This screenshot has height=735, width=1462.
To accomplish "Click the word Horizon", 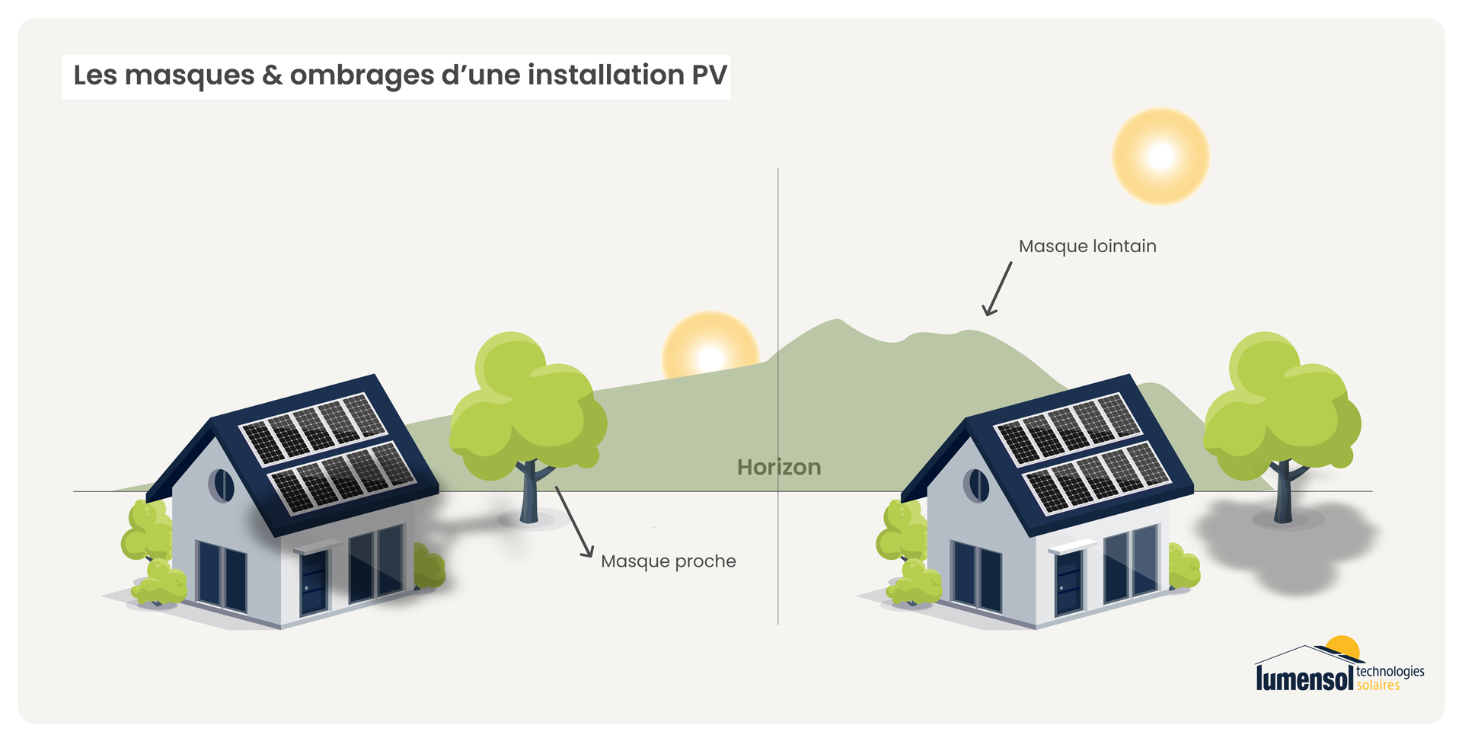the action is [779, 467].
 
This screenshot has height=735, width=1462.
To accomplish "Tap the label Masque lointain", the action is [1087, 247].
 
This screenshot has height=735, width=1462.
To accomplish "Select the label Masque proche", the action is [669, 561].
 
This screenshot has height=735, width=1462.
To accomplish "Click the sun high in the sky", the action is [1160, 156].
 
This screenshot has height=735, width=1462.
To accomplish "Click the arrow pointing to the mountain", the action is [997, 289].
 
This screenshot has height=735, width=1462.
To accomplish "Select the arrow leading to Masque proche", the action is [574, 522].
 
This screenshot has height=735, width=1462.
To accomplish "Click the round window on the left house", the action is [222, 485].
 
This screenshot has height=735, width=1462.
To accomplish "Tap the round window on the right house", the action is [976, 485].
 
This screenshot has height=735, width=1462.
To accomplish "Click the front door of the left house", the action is [314, 583].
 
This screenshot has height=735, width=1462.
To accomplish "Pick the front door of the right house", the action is [1068, 583].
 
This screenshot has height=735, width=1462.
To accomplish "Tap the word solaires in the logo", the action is [1378, 685].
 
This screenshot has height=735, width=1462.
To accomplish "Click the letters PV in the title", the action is [709, 75].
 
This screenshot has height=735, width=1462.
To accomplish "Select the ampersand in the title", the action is [272, 75].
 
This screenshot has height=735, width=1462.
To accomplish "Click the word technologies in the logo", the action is [1390, 672].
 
